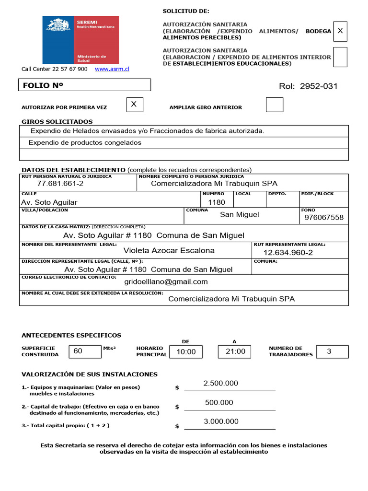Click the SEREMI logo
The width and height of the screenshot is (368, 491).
[x=80, y=40]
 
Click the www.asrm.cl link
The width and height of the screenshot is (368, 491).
[x=112, y=69]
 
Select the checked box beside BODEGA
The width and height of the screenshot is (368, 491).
[x=340, y=31]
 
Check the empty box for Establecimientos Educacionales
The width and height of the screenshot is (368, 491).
[x=340, y=57]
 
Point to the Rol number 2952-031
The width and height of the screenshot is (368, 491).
[x=308, y=86]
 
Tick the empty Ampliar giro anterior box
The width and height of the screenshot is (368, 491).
[x=275, y=105]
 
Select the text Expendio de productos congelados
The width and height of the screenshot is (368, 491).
[x=85, y=143]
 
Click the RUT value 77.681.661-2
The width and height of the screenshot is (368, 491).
[x=60, y=184]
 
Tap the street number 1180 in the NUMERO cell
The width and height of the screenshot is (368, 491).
[x=216, y=202]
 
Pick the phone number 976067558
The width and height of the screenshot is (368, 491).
[x=324, y=218]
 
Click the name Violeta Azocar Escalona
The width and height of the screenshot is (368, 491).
[x=169, y=251]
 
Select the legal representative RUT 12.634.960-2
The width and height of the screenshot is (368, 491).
[x=288, y=253]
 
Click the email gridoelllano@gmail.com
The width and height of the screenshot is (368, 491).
[x=166, y=282]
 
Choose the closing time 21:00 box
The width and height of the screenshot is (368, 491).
[x=235, y=351]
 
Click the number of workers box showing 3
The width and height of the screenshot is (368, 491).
[x=332, y=351]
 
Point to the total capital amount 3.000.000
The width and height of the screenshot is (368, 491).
[x=221, y=421]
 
